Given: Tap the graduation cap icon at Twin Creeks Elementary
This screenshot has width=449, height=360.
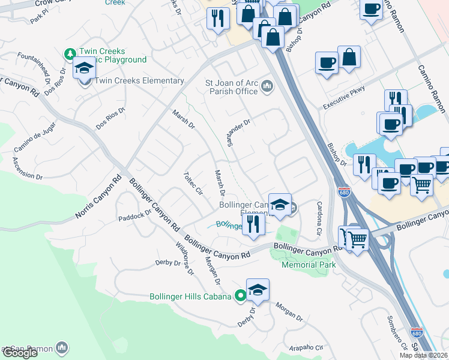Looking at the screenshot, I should coord(85,68).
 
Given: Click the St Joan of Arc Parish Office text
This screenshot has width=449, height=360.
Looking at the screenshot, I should coord(231,88).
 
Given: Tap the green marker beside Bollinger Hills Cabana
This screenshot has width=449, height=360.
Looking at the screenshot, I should coord(240,296).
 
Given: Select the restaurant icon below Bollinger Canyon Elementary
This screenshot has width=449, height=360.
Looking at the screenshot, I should coord(254,224).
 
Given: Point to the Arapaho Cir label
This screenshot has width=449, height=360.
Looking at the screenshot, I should coord(307,347).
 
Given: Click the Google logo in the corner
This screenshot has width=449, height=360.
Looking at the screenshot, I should coord(19,353).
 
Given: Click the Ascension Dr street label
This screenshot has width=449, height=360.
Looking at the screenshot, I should coord(27,168).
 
